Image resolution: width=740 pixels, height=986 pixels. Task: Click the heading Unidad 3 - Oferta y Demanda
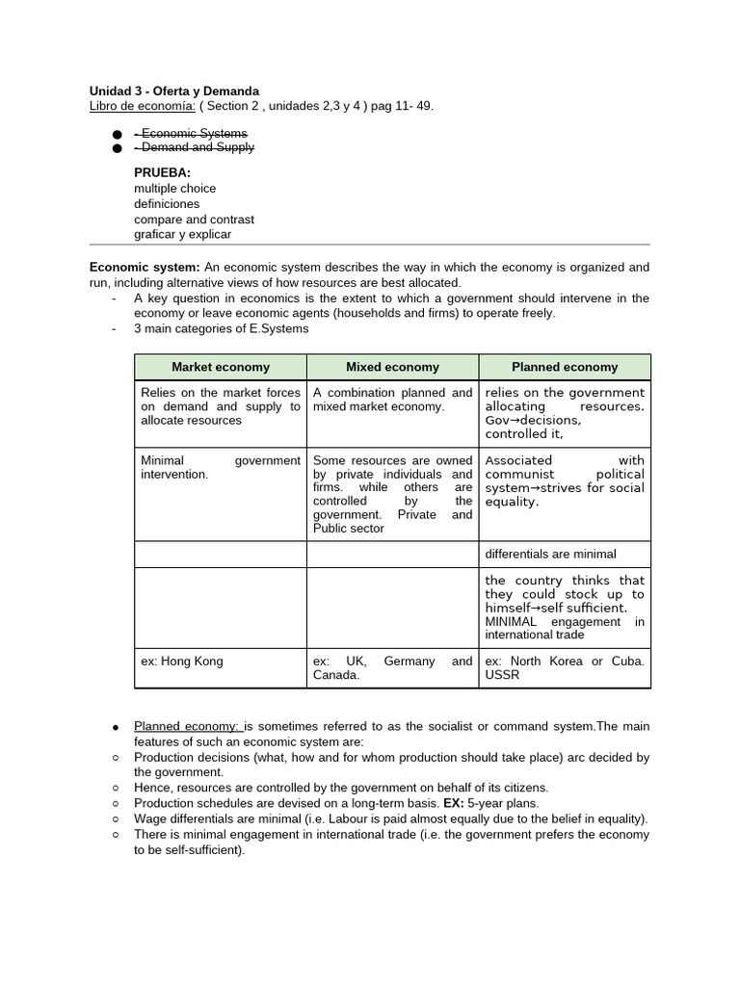(x=174, y=91)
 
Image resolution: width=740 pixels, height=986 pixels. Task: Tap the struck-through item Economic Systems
(x=191, y=133)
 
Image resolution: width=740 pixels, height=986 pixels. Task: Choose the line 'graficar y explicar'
(x=182, y=234)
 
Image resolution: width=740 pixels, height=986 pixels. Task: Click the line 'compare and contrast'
(x=194, y=219)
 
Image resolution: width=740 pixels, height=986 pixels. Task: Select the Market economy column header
(x=221, y=367)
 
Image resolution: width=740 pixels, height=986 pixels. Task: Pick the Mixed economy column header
(x=392, y=367)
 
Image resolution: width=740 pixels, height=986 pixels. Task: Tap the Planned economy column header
(x=565, y=367)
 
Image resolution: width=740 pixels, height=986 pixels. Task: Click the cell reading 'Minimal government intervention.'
(x=220, y=467)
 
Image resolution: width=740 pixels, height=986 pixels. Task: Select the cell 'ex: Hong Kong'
(x=182, y=662)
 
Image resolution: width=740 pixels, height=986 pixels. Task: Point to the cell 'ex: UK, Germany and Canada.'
(x=392, y=668)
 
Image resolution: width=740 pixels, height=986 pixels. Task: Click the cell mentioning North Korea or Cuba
(x=565, y=668)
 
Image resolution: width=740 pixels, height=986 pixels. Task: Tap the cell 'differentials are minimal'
(x=550, y=554)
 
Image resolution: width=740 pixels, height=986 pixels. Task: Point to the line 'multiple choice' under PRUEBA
(x=174, y=188)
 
